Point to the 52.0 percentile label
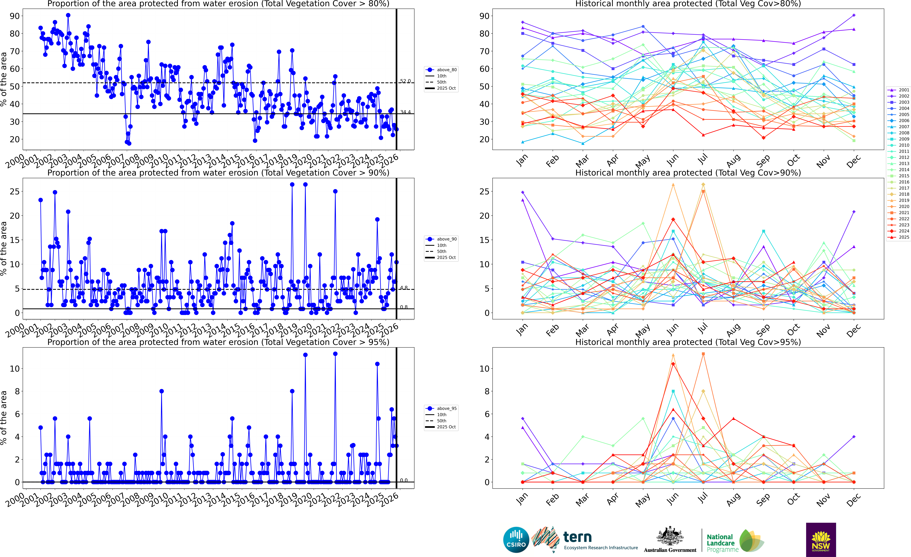click(405, 81)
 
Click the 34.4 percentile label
click(405, 112)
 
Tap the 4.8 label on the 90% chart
click(404, 288)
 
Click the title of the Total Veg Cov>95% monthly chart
click(688, 342)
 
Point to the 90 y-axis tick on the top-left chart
click(15, 16)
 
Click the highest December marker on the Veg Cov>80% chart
click(854, 15)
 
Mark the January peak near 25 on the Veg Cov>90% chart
click(522, 192)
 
